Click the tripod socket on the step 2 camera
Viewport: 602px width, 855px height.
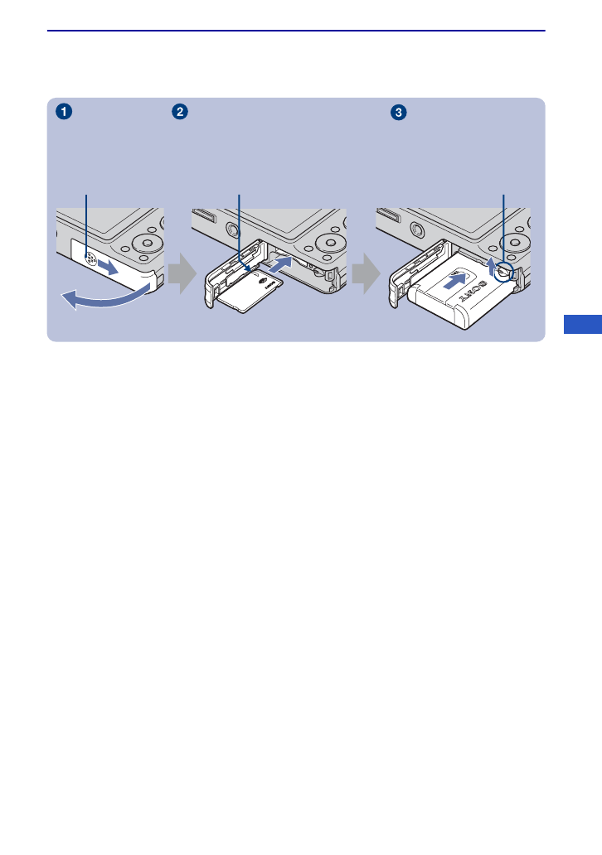226,226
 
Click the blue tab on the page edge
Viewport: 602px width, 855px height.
582,323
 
